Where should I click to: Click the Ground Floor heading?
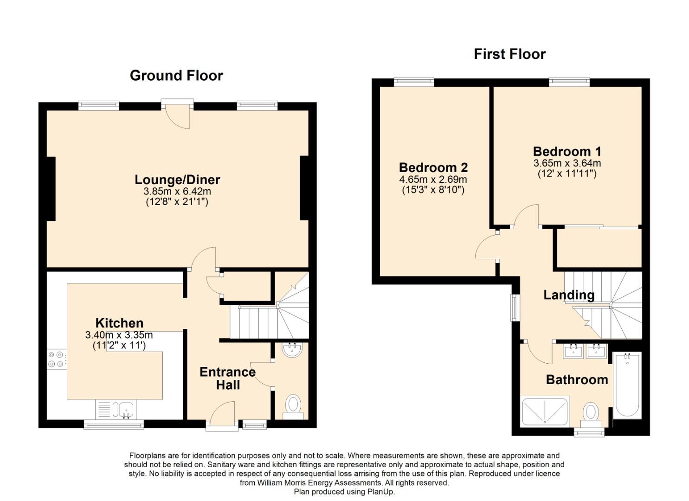(x=176, y=76)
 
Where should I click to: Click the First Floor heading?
(x=509, y=54)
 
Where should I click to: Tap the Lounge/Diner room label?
(x=177, y=180)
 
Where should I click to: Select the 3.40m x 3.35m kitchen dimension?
(x=119, y=335)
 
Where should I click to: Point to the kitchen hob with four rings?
(x=57, y=360)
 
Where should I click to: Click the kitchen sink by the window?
(x=125, y=410)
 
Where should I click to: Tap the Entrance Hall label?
(x=227, y=378)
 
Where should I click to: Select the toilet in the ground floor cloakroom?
(x=293, y=405)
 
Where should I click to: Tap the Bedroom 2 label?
(x=433, y=167)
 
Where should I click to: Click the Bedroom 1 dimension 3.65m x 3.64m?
(x=567, y=163)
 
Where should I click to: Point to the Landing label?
(x=569, y=295)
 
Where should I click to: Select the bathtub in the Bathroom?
(x=627, y=385)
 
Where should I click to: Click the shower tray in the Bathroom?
(x=545, y=411)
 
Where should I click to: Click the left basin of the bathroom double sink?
(x=574, y=351)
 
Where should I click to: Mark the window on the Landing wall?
(x=515, y=307)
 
